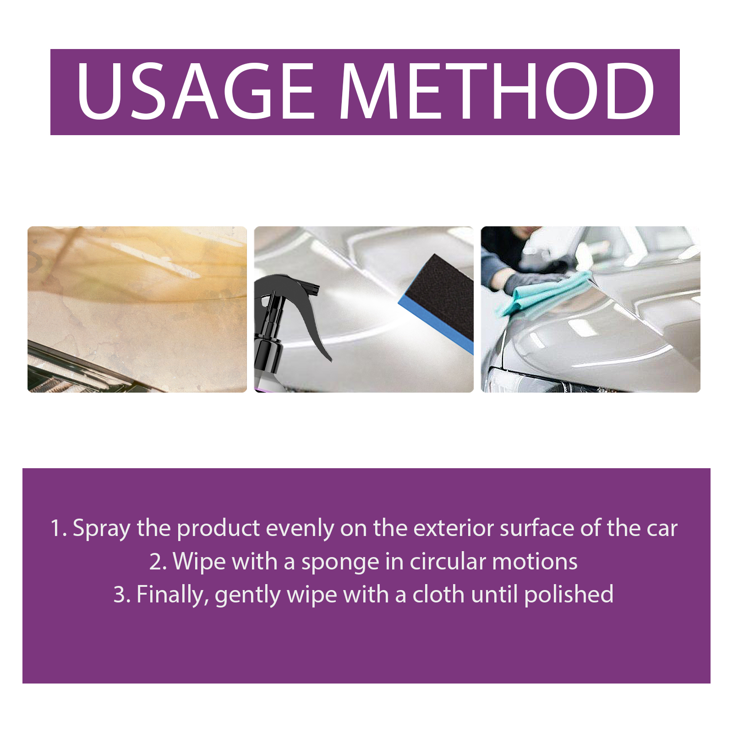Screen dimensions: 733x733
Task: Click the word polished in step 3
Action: (x=569, y=595)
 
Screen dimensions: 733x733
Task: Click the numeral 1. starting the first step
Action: (x=59, y=528)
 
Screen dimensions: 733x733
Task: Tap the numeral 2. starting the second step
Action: (x=158, y=562)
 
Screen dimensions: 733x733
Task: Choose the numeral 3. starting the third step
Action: (x=122, y=595)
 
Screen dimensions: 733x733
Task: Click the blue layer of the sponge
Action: (x=435, y=325)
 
